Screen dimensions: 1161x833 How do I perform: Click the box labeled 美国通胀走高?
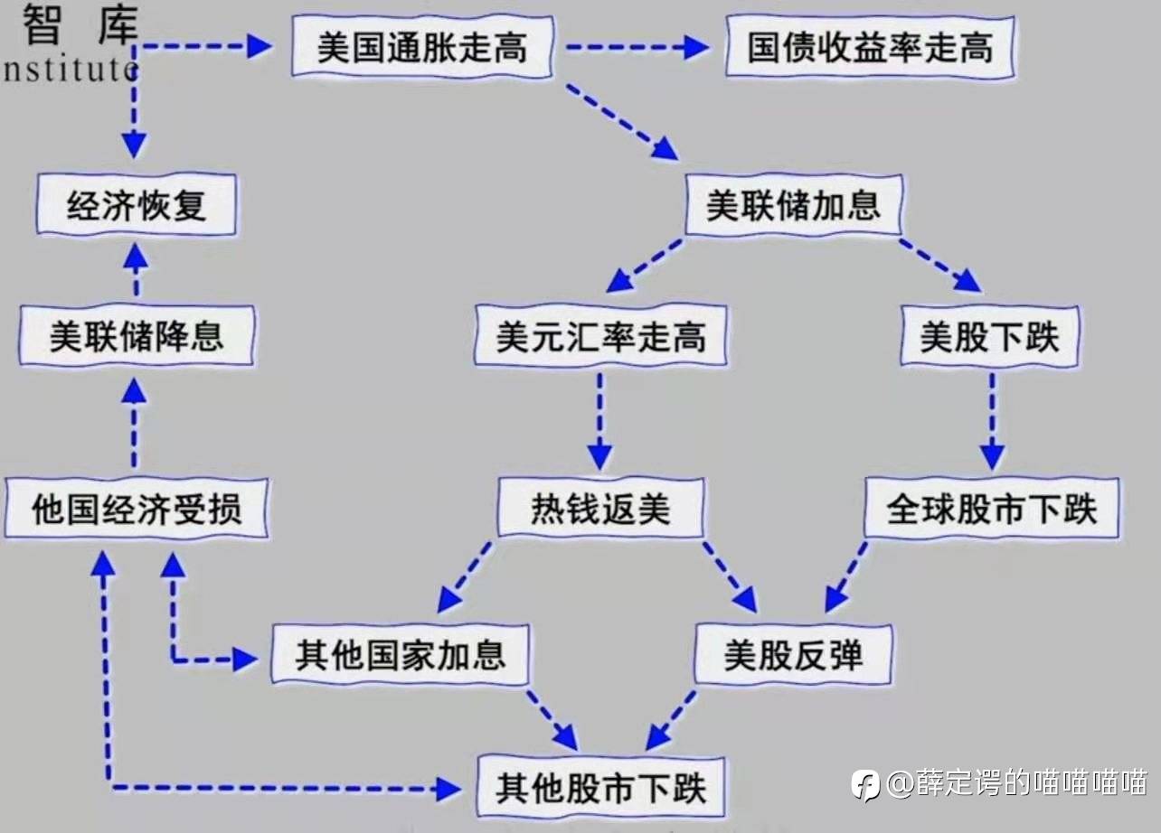(422, 47)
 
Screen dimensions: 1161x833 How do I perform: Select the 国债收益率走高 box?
(870, 47)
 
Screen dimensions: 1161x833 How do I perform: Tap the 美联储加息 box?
(794, 204)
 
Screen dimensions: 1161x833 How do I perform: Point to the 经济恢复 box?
(137, 204)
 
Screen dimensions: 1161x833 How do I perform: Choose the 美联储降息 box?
(137, 336)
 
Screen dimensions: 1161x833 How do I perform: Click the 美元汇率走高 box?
(600, 336)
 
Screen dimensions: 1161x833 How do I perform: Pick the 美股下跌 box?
(990, 336)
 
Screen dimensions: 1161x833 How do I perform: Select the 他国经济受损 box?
(137, 508)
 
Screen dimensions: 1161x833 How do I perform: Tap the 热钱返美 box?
(600, 508)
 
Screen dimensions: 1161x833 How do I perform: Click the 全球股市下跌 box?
(992, 508)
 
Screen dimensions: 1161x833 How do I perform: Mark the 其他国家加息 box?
(401, 654)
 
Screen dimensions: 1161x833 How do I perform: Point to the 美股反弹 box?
(794, 654)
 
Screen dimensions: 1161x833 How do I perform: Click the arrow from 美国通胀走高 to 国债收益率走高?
(638, 47)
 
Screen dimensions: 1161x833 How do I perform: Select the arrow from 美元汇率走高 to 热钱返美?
(599, 422)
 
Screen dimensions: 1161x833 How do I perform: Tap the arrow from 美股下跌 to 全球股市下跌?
(992, 422)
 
